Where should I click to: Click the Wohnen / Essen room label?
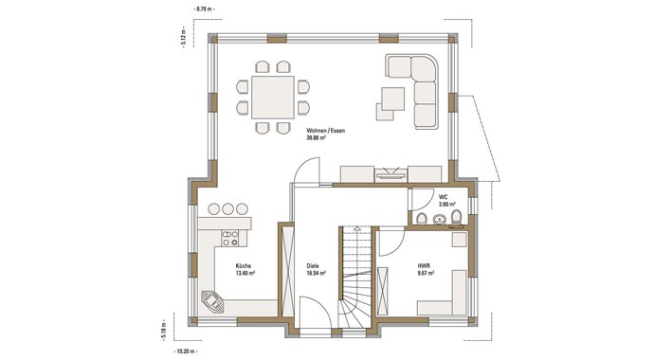324,130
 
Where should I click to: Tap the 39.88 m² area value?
318,138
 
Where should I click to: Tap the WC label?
443,196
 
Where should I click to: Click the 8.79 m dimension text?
205,8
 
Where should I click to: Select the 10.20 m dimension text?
188,351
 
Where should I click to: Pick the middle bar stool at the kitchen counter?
228,208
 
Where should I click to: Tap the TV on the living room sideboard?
391,173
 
